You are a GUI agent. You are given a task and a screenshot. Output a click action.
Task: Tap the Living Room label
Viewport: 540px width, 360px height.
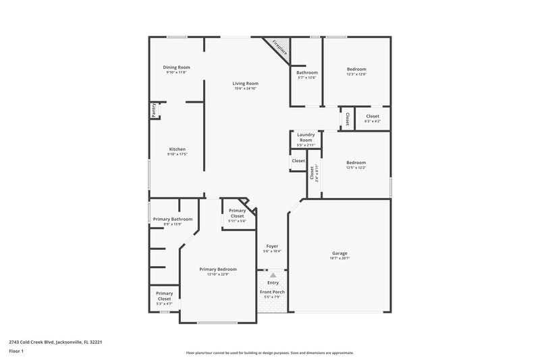coord(246,83)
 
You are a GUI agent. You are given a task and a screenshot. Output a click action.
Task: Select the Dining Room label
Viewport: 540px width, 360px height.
coord(176,67)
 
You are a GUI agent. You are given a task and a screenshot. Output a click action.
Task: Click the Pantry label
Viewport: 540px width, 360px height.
coord(153,110)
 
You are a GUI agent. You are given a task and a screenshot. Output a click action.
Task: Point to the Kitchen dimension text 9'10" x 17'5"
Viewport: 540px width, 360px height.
coord(177,155)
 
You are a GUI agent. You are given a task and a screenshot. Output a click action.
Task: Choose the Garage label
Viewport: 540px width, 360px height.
coord(339,253)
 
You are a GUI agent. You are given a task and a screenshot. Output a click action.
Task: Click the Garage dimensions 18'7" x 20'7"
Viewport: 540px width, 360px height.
coord(339,258)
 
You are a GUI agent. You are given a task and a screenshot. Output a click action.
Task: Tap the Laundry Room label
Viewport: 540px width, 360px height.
coord(306,137)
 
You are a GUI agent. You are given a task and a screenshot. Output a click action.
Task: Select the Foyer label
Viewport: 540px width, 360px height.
coord(272,246)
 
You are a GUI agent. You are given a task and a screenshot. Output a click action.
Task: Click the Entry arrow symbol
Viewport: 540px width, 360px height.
coord(273,276)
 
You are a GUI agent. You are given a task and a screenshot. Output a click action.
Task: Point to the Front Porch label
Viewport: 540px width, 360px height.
coord(272,291)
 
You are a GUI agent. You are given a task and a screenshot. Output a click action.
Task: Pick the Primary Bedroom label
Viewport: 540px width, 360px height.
coord(218,269)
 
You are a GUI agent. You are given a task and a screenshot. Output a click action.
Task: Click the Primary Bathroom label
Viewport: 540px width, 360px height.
coord(173,219)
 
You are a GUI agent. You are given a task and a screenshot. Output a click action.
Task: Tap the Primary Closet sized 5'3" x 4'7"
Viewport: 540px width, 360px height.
coord(164,295)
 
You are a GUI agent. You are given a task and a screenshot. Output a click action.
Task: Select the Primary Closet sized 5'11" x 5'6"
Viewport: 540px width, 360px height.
coord(237,213)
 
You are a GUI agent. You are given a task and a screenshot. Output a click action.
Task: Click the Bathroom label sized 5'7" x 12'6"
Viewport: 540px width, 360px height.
coord(306,72)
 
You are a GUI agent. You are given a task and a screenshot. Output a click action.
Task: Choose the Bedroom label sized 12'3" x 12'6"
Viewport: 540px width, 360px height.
coord(356,69)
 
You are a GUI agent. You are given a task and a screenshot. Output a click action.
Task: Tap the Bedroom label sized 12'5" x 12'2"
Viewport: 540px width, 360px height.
coord(356,162)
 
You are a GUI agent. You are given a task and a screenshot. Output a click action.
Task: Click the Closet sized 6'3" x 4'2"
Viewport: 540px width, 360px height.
coord(372,116)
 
